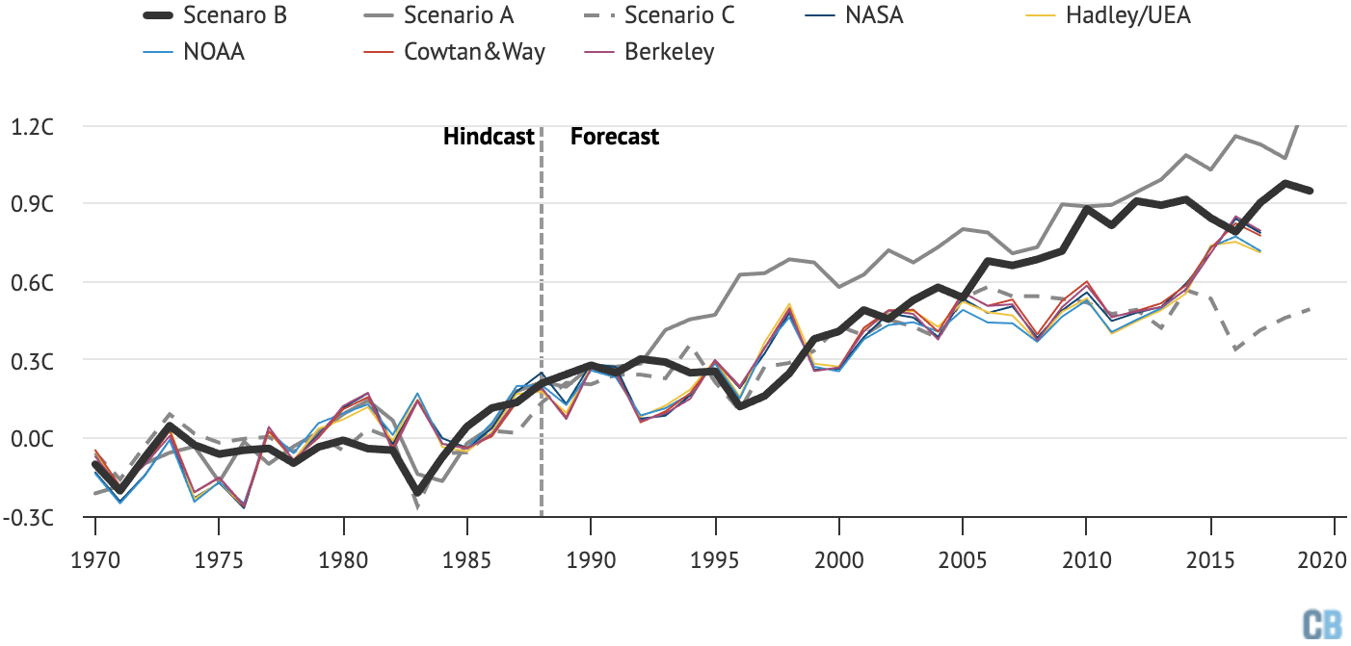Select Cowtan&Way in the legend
click(x=474, y=52)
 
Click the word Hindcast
click(x=489, y=137)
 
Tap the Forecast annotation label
click(x=615, y=137)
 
